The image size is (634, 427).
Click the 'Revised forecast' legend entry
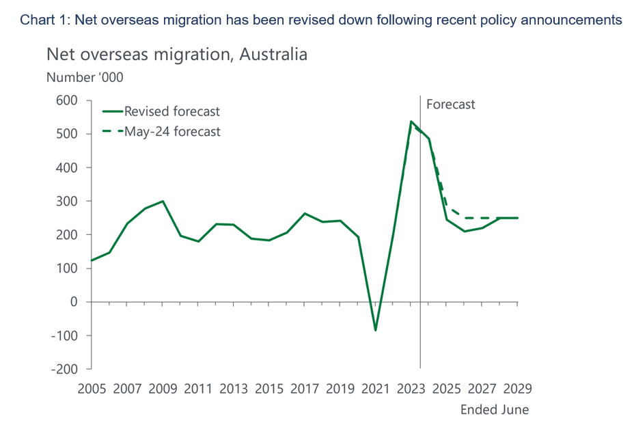[171, 111]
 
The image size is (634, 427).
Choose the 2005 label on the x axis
[92, 389]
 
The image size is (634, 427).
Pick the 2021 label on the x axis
[376, 389]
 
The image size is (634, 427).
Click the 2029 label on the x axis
[517, 389]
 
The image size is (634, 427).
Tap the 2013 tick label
[234, 389]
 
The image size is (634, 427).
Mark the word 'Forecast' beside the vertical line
[450, 105]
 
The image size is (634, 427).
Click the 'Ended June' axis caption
[495, 410]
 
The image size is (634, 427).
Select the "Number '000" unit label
[85, 77]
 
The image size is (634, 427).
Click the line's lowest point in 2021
[375, 331]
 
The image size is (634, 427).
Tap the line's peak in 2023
[411, 122]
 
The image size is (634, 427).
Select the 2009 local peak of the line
[163, 202]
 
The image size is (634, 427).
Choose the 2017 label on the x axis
[305, 389]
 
